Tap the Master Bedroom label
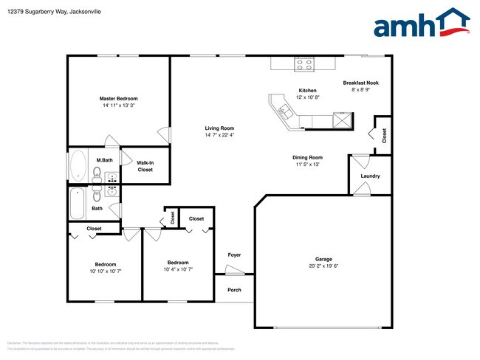(x=119, y=98)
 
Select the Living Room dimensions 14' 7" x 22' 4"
(x=219, y=136)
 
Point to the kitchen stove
(x=304, y=64)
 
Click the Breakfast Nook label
(x=361, y=83)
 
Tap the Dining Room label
(x=307, y=157)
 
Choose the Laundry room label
(x=370, y=176)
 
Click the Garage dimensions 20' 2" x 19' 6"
(x=323, y=266)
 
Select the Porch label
(x=234, y=290)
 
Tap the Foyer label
(x=234, y=255)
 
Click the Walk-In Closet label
(x=145, y=166)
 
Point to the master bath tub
(x=78, y=166)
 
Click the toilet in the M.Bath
(x=97, y=174)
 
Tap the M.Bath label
(x=104, y=160)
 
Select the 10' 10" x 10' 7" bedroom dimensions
(x=105, y=271)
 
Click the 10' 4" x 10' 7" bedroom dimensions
(x=178, y=269)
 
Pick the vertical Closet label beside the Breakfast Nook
(x=384, y=135)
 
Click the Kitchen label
(x=307, y=91)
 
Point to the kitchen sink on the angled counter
(x=285, y=111)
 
